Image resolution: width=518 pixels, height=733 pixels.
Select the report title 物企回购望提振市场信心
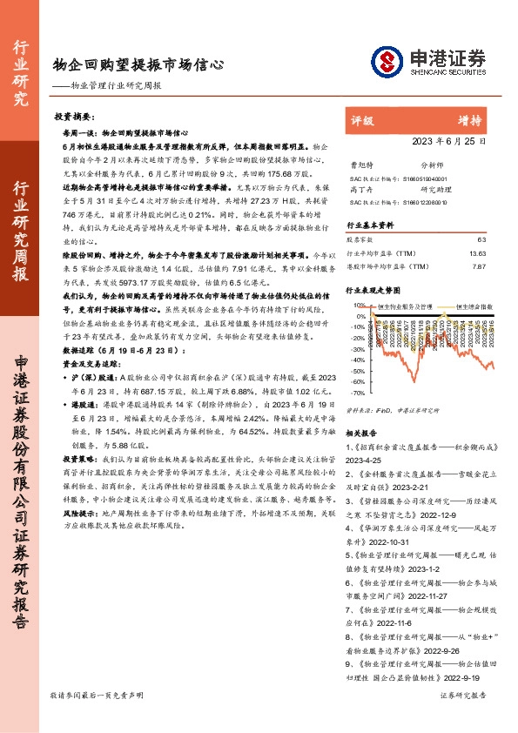pyautogui.click(x=138, y=63)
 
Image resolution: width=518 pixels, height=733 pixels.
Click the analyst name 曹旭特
pyautogui.click(x=360, y=163)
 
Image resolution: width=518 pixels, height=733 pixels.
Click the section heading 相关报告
pyautogui.click(x=362, y=432)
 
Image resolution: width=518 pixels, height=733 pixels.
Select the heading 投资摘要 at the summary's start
pyautogui.click(x=74, y=116)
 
